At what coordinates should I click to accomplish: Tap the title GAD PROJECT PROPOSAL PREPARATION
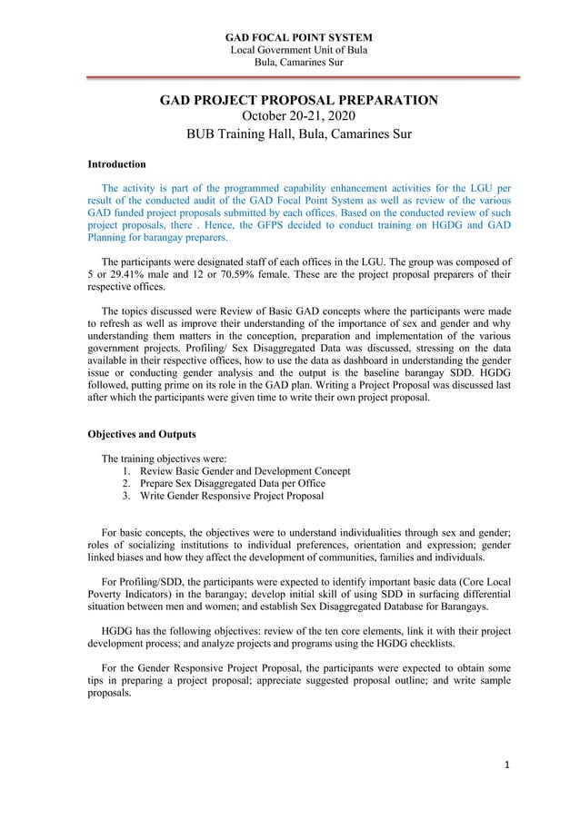point(299,99)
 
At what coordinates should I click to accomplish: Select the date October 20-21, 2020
point(299,116)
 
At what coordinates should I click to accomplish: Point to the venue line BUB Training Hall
point(299,134)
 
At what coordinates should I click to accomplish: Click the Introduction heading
point(116,164)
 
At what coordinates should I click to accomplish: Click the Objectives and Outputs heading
point(142,434)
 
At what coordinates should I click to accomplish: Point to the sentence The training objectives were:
point(164,459)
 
